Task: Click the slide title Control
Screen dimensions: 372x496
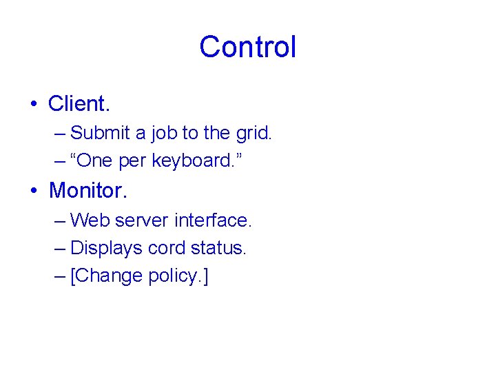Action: click(x=247, y=47)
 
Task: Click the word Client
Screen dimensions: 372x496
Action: click(x=79, y=104)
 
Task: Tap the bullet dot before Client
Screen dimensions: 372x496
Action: click(x=33, y=105)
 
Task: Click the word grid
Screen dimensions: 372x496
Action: click(x=255, y=132)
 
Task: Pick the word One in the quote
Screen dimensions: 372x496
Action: click(x=96, y=161)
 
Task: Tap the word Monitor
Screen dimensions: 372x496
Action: click(x=85, y=189)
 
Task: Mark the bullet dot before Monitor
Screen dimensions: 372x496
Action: click(x=33, y=191)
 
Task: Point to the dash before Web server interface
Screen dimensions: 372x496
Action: click(x=60, y=221)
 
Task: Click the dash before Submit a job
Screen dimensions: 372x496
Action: click(x=60, y=133)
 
